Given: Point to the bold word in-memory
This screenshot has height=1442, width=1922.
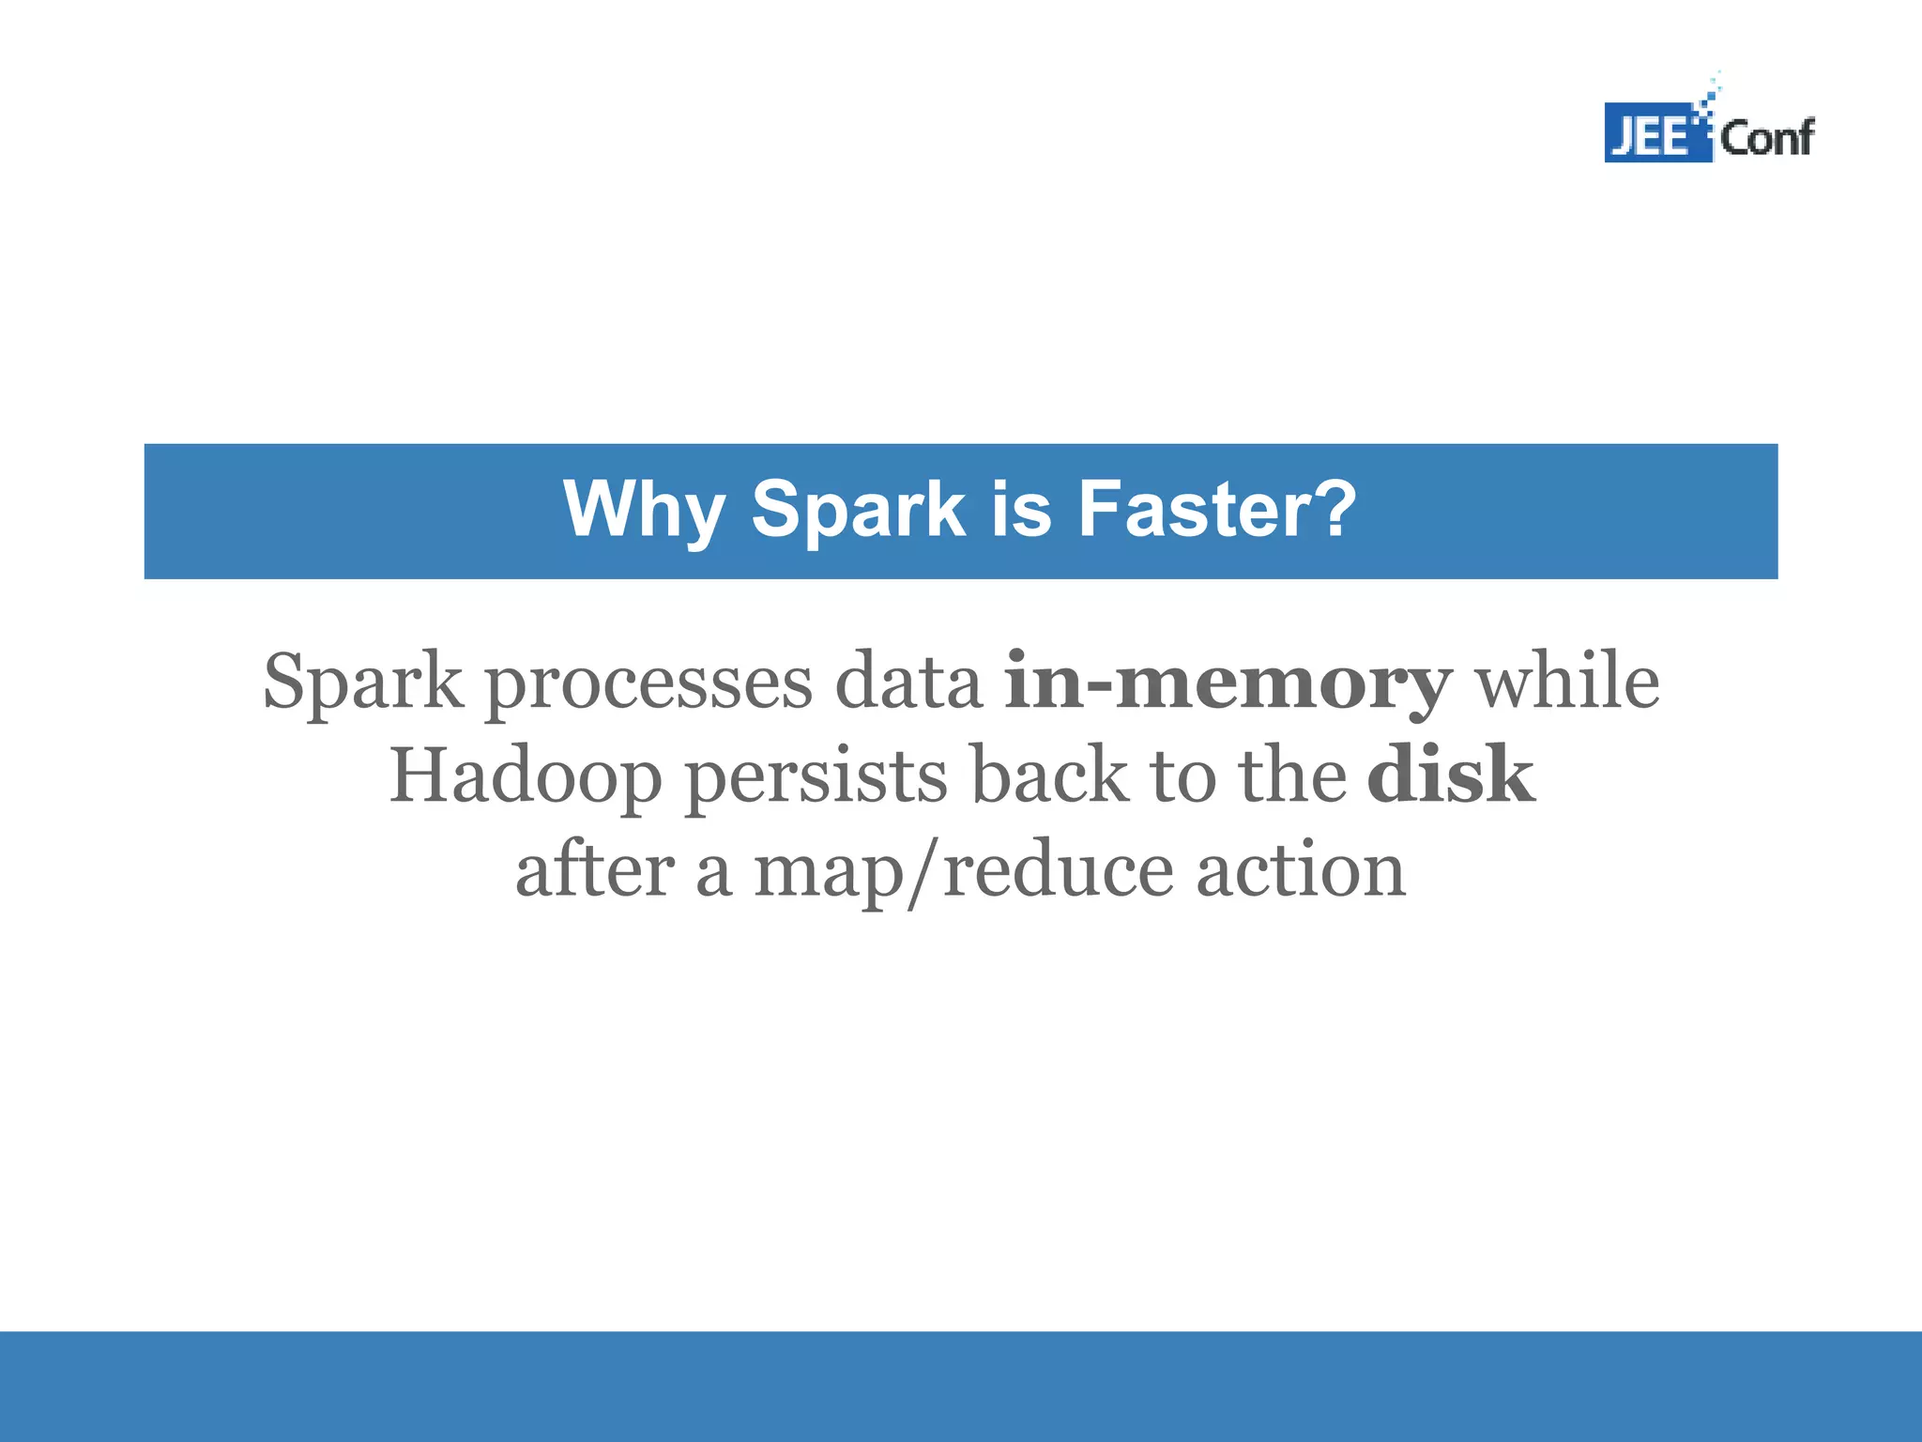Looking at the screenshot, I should point(1228,683).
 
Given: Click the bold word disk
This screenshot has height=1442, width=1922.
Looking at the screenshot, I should point(1450,775).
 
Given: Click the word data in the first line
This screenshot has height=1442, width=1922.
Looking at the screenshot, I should point(908,683).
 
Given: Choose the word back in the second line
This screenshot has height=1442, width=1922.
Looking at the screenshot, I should point(1048,775).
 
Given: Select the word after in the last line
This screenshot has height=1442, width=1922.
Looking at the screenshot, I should point(595,870).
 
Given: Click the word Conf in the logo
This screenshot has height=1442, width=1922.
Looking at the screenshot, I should point(1766,138).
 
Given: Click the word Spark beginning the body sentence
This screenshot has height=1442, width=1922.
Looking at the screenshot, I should point(363,683).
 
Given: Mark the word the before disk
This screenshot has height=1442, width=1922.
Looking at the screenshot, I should point(1292,775).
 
